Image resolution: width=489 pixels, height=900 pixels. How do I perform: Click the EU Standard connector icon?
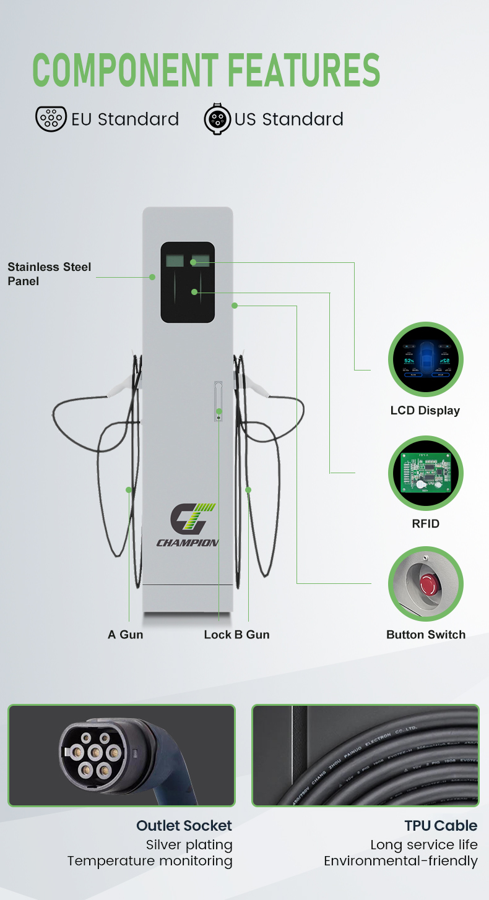pos(51,118)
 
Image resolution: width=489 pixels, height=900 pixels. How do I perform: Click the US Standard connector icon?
pos(217,119)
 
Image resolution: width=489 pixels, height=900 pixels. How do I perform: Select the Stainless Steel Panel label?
pos(49,274)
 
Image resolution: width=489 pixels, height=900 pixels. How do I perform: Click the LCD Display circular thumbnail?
pos(425,359)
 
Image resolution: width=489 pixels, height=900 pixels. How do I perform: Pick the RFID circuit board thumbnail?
pos(425,473)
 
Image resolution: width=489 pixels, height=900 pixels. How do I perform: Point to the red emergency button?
pos(428,583)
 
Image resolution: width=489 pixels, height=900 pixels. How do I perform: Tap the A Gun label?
pos(125,635)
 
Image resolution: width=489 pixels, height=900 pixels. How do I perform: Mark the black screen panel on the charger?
pos(188,282)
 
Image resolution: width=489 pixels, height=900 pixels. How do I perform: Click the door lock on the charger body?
pos(218,402)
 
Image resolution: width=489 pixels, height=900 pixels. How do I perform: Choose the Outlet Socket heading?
pos(184,826)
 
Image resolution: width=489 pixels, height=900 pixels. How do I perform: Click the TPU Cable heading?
pos(441,826)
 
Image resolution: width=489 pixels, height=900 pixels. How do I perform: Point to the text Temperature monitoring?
pos(150,861)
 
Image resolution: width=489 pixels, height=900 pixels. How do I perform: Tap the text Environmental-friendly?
pos(400,861)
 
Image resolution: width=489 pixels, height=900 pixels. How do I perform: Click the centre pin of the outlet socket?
pos(95,753)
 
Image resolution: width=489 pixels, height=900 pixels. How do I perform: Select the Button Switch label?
pos(426,635)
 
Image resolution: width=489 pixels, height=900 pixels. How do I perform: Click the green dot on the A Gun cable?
pos(129,490)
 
